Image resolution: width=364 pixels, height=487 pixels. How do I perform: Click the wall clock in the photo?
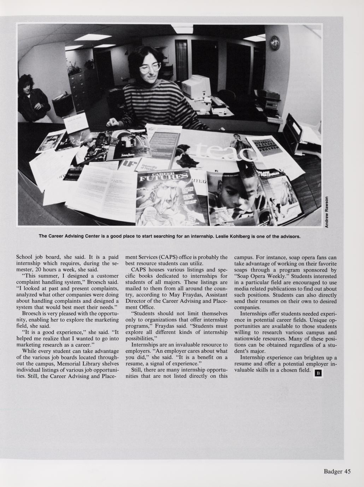(x=275, y=43)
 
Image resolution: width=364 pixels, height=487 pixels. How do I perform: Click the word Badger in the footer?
(x=332, y=471)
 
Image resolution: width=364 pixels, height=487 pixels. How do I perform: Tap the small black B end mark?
(x=317, y=373)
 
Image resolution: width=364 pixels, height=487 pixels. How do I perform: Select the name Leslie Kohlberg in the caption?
(x=234, y=236)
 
